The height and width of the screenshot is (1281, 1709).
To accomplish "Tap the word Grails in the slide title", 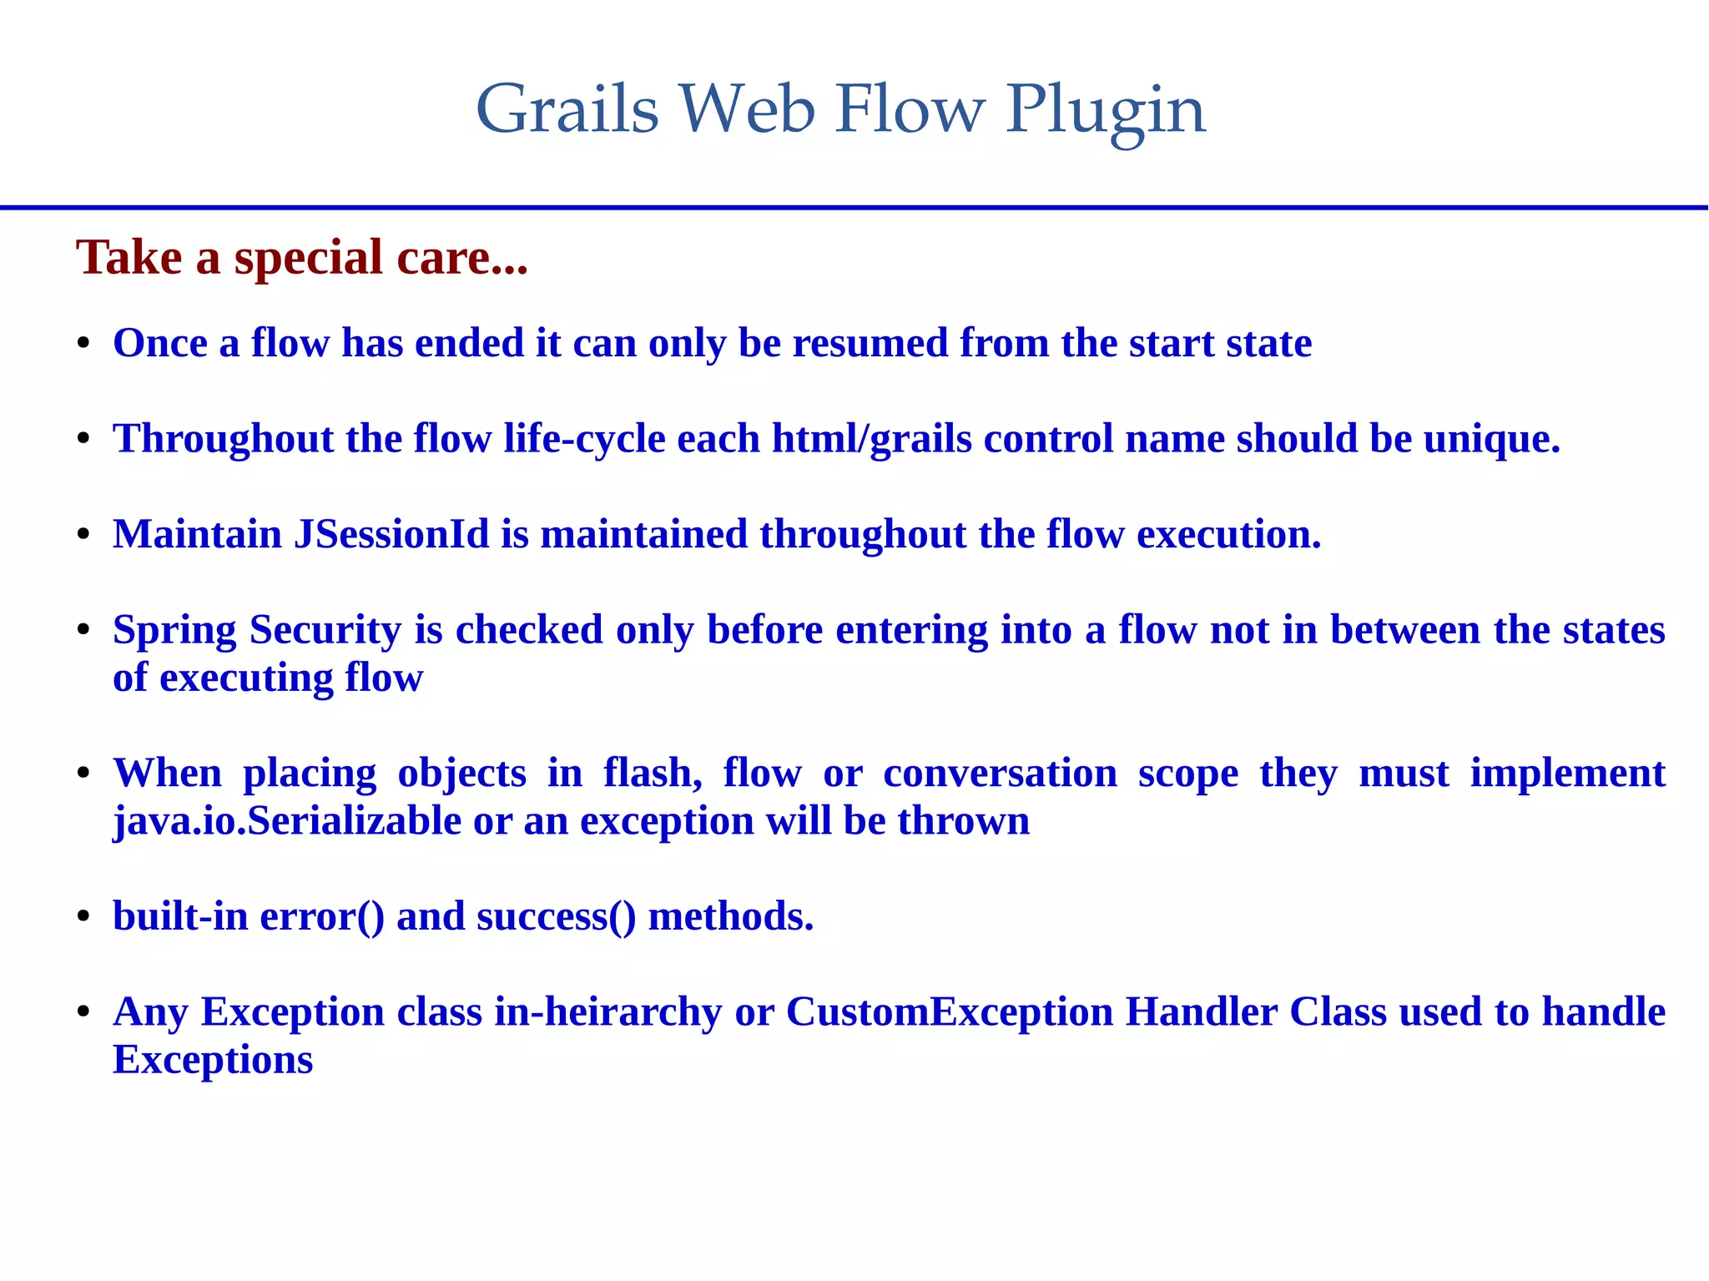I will (x=567, y=110).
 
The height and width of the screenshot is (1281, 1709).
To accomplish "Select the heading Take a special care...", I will (x=301, y=257).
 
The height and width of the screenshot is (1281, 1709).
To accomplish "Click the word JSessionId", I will (x=391, y=534).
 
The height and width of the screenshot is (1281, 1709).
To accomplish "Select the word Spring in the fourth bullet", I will (x=174, y=630).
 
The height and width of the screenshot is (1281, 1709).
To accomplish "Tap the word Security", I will (x=325, y=630).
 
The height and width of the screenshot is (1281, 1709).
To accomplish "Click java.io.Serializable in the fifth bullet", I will (x=287, y=821).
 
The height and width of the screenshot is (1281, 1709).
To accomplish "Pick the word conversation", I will (x=1000, y=774).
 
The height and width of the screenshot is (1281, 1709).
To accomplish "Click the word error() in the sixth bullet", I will (x=322, y=916).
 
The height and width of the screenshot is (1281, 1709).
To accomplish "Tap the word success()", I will (x=556, y=916).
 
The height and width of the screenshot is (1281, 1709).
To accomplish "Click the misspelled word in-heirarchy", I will (x=607, y=1012).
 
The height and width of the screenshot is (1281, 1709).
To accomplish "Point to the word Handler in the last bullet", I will (x=1201, y=1012).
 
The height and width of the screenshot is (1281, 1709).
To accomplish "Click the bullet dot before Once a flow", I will (x=83, y=345).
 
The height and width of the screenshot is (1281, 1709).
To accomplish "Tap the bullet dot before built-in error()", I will (x=83, y=918).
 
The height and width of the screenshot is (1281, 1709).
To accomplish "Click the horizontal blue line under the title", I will (x=854, y=207).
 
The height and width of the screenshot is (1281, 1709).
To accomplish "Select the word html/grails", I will (x=871, y=439).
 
